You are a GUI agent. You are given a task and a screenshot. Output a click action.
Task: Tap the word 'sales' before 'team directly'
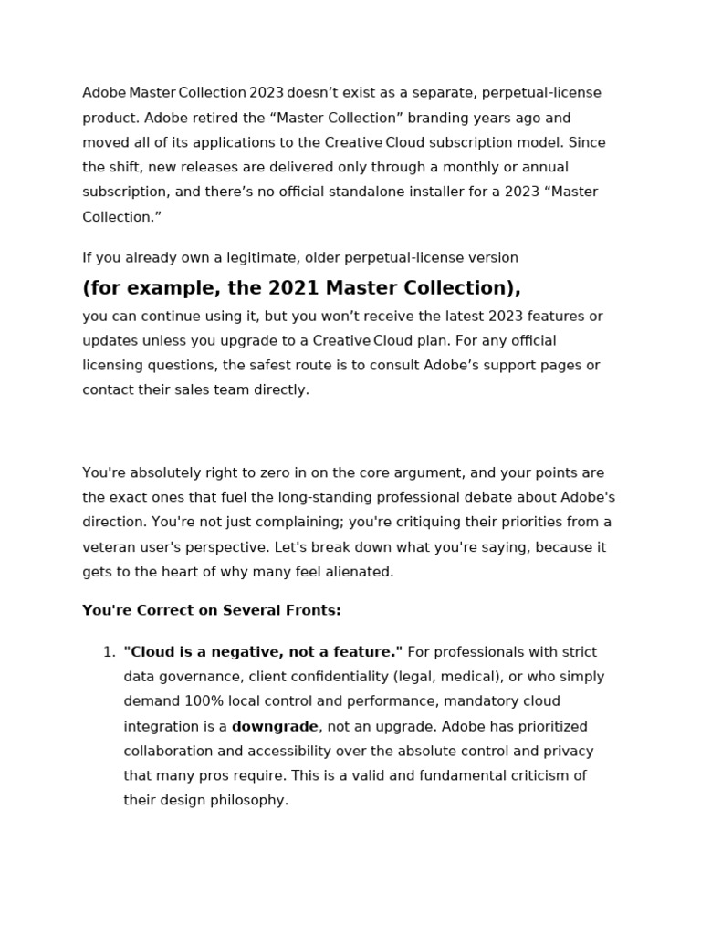click(x=202, y=389)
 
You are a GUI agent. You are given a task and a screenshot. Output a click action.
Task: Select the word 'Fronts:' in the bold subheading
click(x=313, y=610)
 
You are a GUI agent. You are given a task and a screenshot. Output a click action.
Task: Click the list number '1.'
click(x=109, y=652)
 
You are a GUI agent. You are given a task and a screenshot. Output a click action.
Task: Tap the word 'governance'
click(x=195, y=677)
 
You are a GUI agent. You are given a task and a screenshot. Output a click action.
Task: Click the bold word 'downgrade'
click(x=275, y=727)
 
